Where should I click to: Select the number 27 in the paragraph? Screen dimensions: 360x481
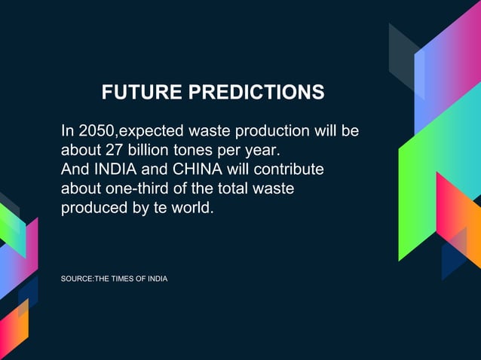coord(115,150)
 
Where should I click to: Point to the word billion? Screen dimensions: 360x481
coord(149,150)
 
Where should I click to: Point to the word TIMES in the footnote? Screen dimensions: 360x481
coord(121,279)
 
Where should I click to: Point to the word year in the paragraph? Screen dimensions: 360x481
coord(263,150)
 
